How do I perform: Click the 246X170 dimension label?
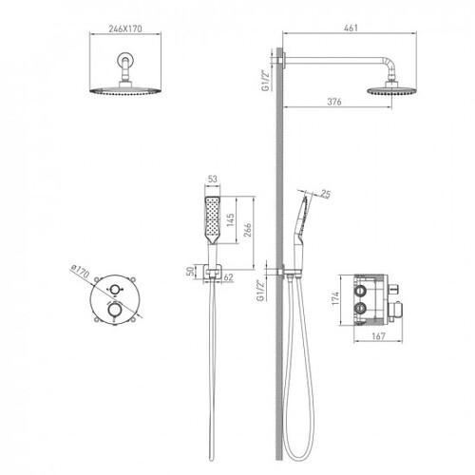(125, 28)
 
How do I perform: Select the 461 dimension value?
(351, 28)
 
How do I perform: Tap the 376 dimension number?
(334, 102)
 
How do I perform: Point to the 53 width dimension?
(213, 179)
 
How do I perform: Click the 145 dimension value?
(230, 219)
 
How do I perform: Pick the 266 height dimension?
(248, 230)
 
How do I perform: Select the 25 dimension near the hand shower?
(325, 194)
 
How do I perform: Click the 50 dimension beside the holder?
(190, 272)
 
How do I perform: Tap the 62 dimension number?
(228, 277)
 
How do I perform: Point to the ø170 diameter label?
(81, 272)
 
